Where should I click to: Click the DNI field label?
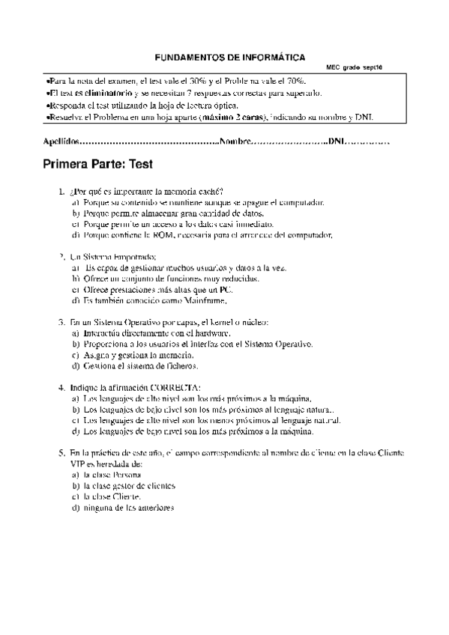pyautogui.click(x=337, y=141)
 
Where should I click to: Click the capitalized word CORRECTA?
pyautogui.click(x=173, y=388)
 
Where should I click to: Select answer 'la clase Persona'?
pyautogui.click(x=112, y=475)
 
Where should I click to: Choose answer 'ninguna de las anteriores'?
pyautogui.click(x=128, y=508)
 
